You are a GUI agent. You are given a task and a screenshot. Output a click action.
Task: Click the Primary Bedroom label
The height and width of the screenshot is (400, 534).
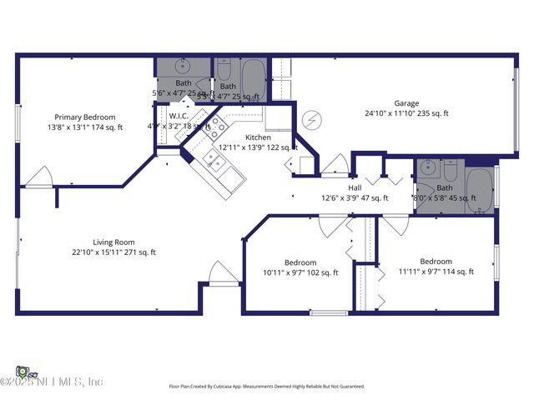pos(85,117)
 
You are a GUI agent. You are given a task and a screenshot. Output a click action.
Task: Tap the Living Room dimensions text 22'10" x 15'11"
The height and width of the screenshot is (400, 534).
pos(113,252)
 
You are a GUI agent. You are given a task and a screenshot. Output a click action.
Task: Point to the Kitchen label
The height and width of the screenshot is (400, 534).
pos(259,137)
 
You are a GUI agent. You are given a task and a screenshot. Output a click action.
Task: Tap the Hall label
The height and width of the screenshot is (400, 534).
pos(355,188)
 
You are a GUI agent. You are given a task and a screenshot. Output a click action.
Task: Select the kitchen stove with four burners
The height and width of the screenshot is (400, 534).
pos(217,127)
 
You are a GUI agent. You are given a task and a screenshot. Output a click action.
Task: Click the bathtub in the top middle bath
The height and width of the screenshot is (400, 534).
pos(253,78)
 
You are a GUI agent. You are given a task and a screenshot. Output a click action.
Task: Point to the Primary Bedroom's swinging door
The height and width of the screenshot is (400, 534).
pos(39,176)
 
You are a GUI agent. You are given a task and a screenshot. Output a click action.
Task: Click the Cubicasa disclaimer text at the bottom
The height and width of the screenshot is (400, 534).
pos(267,387)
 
